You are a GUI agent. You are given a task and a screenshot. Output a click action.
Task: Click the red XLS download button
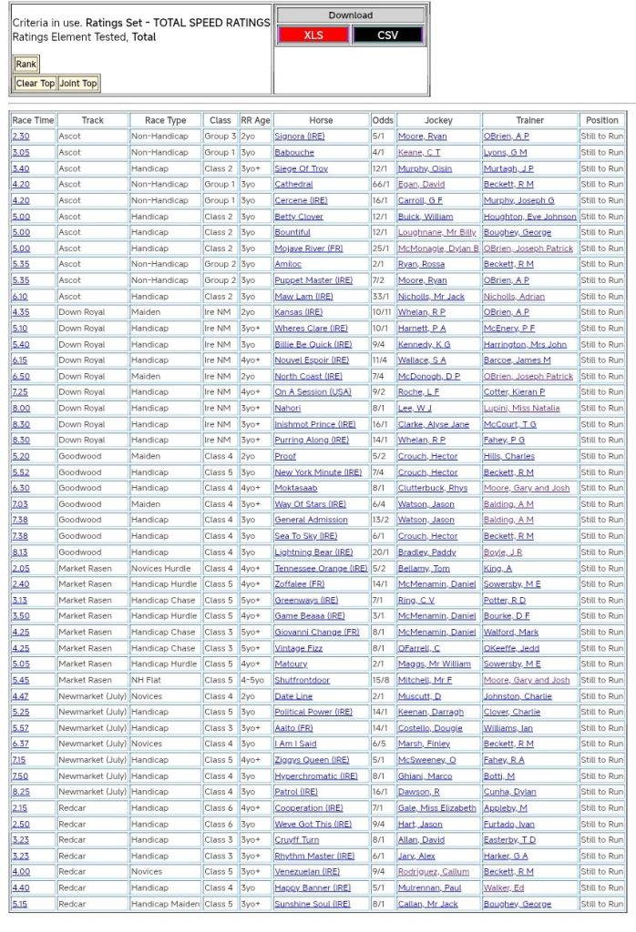pos(313,35)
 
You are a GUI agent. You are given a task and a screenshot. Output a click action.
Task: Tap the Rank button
pos(26,65)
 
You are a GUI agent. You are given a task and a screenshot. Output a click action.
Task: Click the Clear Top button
pos(35,84)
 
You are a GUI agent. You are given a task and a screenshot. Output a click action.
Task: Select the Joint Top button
pos(77,84)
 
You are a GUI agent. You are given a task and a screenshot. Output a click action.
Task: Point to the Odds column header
pos(383,120)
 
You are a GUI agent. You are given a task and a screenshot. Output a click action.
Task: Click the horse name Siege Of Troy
pos(301,168)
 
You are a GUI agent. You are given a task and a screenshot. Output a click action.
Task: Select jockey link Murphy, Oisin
pos(425,168)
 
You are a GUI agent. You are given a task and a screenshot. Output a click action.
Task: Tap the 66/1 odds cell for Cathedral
pos(383,185)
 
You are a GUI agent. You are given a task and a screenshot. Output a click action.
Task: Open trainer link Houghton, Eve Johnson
pos(529,217)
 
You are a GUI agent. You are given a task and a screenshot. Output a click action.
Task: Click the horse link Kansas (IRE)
pos(298,312)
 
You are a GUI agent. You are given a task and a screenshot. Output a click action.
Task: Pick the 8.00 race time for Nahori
pos(20,409)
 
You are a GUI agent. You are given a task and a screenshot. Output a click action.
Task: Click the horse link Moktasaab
pos(296,488)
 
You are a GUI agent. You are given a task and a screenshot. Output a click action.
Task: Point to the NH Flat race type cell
pos(148,680)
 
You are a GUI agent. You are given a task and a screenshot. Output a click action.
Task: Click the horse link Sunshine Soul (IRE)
pos(312,904)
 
